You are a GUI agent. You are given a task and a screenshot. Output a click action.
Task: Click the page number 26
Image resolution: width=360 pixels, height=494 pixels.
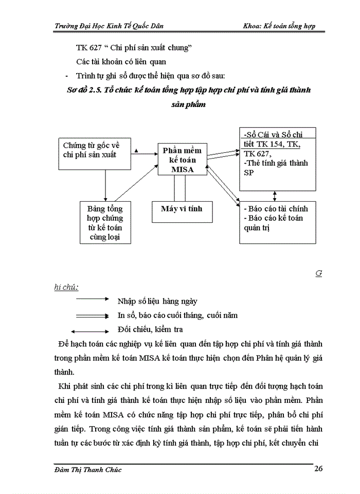pos(318,469)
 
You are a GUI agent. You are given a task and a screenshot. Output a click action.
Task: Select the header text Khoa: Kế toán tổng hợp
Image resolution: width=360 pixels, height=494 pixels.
pos(281,26)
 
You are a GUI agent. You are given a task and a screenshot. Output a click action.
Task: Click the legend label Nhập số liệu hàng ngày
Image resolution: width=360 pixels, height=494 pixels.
pos(157,301)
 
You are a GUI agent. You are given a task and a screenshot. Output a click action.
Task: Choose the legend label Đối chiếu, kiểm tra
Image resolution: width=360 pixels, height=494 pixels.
pos(150,329)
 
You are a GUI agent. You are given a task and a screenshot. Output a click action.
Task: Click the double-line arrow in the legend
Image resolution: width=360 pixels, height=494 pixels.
pos(91,315)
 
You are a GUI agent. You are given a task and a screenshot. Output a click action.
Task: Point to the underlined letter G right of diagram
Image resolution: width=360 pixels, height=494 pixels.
pos(318,274)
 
